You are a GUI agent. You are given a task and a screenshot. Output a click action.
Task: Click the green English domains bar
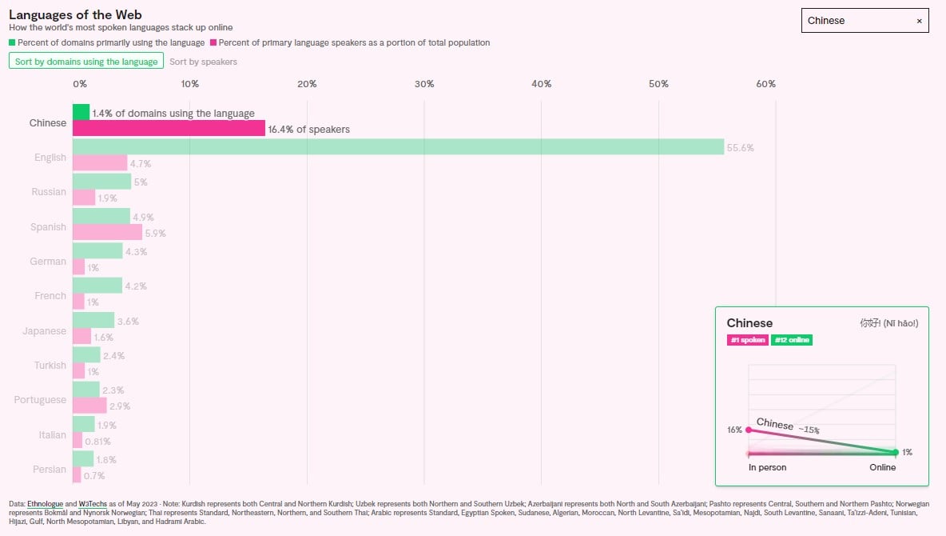(x=398, y=146)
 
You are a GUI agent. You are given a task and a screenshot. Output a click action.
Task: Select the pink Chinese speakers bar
(x=169, y=128)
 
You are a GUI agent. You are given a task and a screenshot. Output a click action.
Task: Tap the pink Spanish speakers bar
(x=107, y=232)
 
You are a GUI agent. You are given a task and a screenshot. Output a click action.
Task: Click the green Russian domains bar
(x=101, y=182)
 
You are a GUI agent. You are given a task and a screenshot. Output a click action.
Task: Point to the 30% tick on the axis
(x=424, y=84)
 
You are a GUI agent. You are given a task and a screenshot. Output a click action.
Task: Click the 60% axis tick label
(x=765, y=84)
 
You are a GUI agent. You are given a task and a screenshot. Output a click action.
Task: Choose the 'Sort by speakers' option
(x=203, y=62)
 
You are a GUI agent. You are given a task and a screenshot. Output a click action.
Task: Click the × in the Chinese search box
(x=919, y=21)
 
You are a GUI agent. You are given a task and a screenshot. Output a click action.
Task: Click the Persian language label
(x=50, y=470)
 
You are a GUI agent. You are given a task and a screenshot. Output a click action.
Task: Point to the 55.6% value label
(x=740, y=148)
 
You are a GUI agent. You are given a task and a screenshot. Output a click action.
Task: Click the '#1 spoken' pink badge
(x=747, y=340)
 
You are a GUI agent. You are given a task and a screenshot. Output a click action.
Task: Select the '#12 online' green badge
(x=791, y=340)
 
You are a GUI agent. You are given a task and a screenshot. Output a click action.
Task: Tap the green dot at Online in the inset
(x=895, y=452)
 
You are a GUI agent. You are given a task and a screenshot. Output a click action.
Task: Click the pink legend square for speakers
(x=213, y=42)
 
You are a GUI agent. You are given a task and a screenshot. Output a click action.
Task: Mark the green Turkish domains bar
(x=86, y=354)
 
